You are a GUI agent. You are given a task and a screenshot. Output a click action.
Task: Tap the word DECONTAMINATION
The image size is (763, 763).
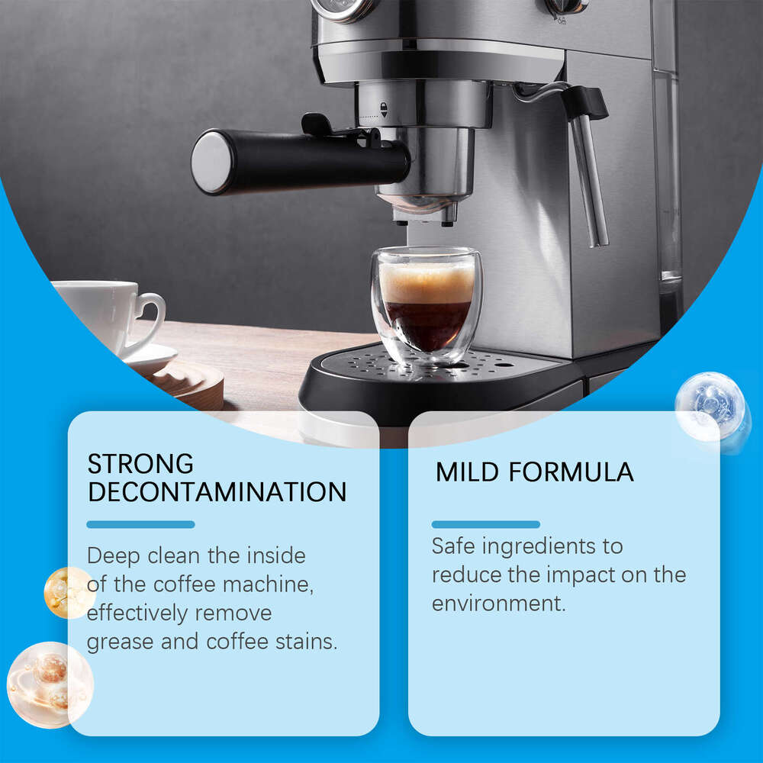tap(217, 492)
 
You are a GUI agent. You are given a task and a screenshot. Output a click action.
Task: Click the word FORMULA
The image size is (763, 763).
tap(571, 472)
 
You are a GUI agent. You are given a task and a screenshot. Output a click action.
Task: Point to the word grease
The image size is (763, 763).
tap(121, 642)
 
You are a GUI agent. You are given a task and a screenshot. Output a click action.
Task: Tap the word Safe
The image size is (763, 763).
tap(456, 546)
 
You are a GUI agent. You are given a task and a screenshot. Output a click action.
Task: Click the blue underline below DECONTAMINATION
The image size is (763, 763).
tap(140, 524)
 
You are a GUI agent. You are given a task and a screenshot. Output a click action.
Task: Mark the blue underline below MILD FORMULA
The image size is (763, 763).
tap(486, 524)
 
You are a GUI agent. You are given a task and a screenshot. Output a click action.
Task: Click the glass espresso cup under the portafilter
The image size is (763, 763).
tap(426, 305)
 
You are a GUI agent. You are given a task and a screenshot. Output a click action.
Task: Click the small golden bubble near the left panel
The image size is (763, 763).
tap(67, 592)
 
